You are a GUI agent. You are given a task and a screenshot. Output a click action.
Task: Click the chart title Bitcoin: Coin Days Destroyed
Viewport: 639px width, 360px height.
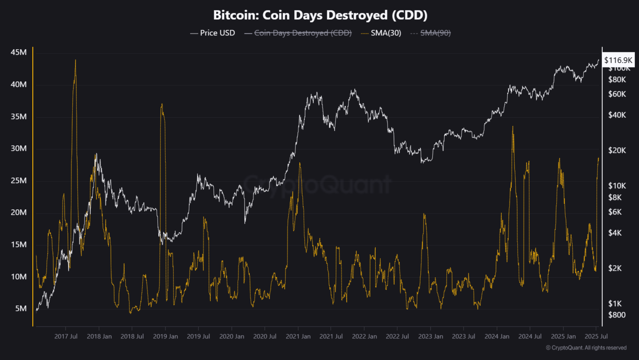[x=320, y=15]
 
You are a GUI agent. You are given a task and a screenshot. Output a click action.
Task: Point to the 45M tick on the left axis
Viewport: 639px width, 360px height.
[x=18, y=52]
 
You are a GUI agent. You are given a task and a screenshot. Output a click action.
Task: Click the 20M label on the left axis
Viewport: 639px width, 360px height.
[x=18, y=212]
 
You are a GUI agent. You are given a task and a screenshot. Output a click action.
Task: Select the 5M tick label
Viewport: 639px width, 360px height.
[x=21, y=309]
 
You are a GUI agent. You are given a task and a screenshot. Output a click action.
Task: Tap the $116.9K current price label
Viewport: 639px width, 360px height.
[x=618, y=60]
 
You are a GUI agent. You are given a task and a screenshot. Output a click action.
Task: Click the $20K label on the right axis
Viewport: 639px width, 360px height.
[x=617, y=150]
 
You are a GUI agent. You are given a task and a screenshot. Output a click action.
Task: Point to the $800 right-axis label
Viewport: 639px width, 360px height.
[x=617, y=315]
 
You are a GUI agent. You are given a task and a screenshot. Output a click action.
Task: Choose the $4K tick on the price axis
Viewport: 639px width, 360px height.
[x=615, y=233]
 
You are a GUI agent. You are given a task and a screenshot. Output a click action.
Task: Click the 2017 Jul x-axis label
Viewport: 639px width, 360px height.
[x=66, y=337]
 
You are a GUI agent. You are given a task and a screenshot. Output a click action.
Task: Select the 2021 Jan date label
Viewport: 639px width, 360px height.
[x=298, y=337]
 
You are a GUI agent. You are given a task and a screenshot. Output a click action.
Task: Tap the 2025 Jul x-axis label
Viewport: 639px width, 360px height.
[x=596, y=337]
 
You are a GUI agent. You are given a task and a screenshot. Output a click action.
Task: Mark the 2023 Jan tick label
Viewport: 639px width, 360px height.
[x=430, y=337]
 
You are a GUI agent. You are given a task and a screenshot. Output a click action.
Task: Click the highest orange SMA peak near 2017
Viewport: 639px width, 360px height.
[x=75, y=61]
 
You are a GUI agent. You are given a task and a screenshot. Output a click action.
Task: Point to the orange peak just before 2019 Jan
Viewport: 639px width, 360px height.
[x=162, y=104]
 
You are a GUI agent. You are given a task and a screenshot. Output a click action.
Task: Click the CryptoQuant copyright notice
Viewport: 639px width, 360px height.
[x=586, y=348]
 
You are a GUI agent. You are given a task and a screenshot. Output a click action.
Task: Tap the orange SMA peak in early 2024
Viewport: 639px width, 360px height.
[x=513, y=127]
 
